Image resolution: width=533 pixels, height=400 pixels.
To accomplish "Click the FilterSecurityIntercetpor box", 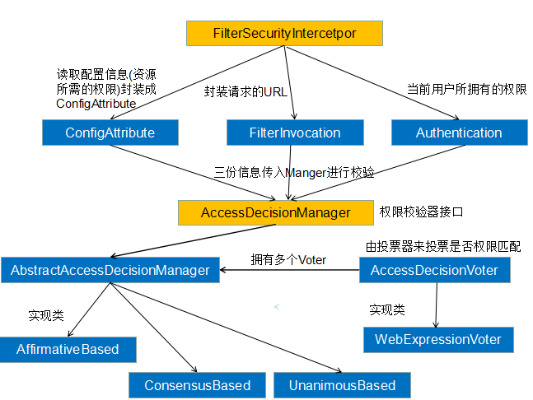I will coord(284,33).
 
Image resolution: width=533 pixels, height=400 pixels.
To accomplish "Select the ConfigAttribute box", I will coord(110,133).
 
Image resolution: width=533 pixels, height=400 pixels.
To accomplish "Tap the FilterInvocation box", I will coord(295,133).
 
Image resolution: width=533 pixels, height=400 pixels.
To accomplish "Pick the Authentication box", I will coord(458,133).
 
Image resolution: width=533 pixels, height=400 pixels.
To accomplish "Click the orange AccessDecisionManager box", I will coord(275,212).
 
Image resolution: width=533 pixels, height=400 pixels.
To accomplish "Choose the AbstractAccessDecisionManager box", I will coord(110,269).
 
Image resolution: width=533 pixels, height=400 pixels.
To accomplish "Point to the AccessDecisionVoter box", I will coord(434,269).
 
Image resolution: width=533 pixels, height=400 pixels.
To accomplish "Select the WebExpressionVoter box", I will coord(437,339).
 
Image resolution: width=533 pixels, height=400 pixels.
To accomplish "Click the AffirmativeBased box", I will coord(68,349).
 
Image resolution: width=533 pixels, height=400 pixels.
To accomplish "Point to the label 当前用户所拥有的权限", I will coord(467,88).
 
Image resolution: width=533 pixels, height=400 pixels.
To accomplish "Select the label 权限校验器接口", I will coord(421,212).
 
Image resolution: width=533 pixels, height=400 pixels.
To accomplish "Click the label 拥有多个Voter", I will coord(288,259).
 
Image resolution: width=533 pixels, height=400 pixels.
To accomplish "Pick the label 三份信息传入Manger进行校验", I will coord(294,172).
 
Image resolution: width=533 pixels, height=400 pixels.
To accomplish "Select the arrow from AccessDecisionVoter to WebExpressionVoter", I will coord(434,304).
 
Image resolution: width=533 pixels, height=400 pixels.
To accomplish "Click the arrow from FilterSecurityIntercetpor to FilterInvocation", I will coord(289,82).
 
